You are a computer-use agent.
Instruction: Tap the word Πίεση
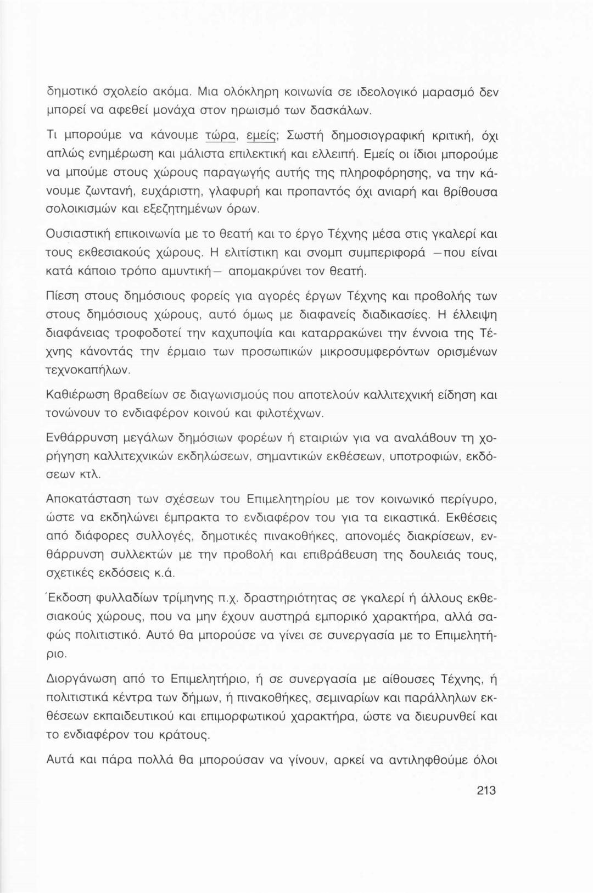tap(61, 297)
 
